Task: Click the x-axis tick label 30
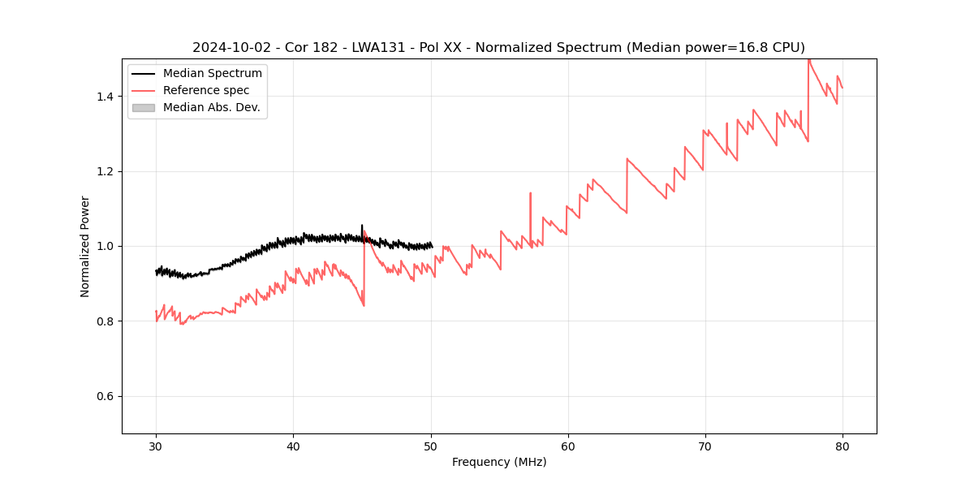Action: [156, 446]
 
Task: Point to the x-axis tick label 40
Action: [293, 446]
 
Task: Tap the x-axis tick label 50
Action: [431, 446]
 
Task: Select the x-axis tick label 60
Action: [568, 446]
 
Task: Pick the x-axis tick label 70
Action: [705, 446]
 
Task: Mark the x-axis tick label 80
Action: [843, 446]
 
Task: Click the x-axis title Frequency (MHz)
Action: [499, 462]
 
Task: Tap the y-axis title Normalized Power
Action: [85, 246]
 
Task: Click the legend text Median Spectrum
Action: [213, 74]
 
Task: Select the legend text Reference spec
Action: [206, 90]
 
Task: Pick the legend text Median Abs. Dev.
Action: [212, 107]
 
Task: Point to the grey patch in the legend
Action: [143, 107]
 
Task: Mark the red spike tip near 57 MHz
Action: [530, 193]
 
